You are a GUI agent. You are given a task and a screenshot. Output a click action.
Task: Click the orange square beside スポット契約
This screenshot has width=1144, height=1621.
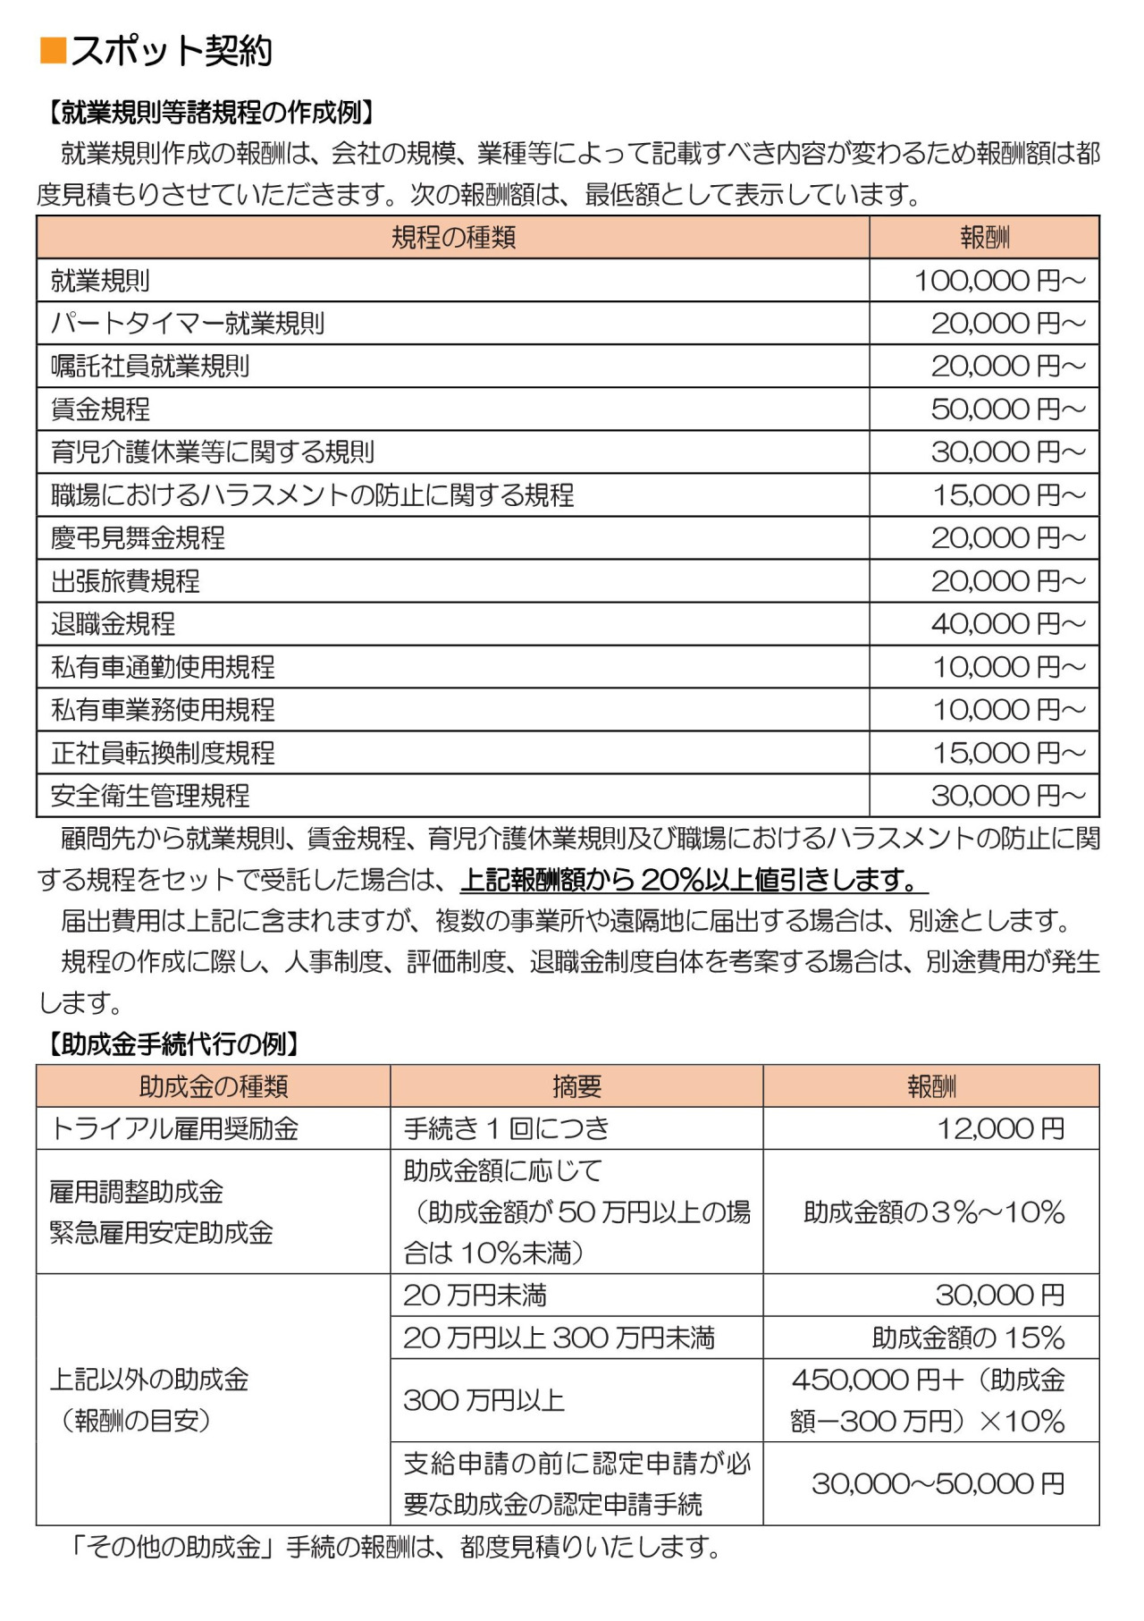pyautogui.click(x=54, y=51)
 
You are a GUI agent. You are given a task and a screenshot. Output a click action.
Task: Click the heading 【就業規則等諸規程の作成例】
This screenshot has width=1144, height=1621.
pyautogui.click(x=209, y=113)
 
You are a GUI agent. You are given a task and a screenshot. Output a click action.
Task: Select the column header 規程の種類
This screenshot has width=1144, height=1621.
pyautogui.click(x=453, y=238)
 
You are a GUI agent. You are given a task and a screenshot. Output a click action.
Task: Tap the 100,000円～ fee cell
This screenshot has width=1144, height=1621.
pyautogui.click(x=998, y=281)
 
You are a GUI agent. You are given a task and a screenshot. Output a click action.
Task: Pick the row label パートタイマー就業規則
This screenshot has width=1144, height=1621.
pyautogui.click(x=188, y=324)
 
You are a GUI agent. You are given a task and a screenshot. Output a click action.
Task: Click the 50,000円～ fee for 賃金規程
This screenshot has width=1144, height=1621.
pyautogui.click(x=1007, y=409)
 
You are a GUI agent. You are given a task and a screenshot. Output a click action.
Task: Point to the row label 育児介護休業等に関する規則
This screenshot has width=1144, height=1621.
pyautogui.click(x=213, y=452)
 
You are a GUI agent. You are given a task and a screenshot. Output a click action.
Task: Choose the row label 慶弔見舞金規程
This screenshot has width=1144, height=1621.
pyautogui.click(x=138, y=538)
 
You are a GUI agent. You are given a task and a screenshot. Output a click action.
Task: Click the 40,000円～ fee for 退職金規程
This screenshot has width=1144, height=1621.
pyautogui.click(x=1007, y=624)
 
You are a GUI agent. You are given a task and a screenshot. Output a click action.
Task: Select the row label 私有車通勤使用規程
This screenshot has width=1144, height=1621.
pyautogui.click(x=163, y=667)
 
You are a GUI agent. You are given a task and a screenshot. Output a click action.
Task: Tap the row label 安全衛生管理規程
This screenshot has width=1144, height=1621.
pyautogui.click(x=150, y=796)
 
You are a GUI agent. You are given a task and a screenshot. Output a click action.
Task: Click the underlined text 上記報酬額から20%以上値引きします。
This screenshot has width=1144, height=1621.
pyautogui.click(x=694, y=881)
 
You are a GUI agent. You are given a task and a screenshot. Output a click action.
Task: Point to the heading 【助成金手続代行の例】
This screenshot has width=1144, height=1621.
pyautogui.click(x=172, y=1043)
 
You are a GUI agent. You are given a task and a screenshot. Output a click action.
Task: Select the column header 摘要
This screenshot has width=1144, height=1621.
pyautogui.click(x=576, y=1086)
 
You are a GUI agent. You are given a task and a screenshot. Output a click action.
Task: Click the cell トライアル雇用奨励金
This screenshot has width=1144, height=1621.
pyautogui.click(x=175, y=1129)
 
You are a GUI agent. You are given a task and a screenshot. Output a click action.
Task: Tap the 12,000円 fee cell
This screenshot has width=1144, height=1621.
pyautogui.click(x=1000, y=1129)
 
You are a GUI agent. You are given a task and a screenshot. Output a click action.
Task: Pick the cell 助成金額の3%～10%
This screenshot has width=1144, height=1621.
pyautogui.click(x=934, y=1212)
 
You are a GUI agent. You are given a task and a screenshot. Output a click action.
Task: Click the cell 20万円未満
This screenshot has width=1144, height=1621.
pyautogui.click(x=475, y=1296)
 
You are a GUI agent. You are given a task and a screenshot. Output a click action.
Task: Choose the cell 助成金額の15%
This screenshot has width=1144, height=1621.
pyautogui.click(x=968, y=1338)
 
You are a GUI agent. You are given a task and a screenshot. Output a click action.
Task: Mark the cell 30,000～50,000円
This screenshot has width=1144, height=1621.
pyautogui.click(x=938, y=1484)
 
